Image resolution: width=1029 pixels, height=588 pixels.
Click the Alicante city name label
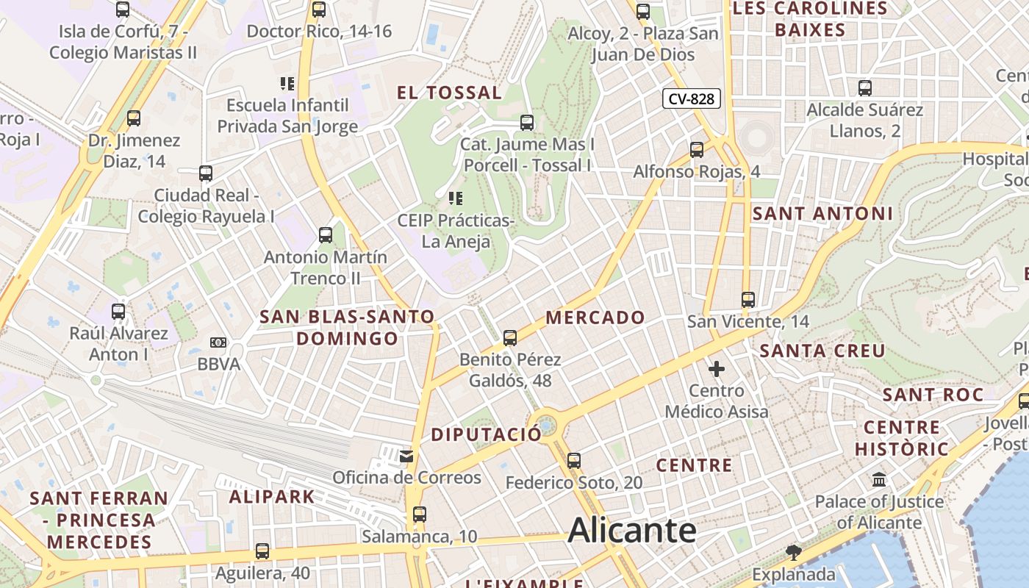pos(632,530)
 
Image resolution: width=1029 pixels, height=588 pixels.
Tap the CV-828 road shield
pos(691,98)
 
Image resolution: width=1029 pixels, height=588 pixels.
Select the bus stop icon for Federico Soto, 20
pos(574,461)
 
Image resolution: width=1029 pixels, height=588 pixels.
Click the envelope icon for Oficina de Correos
pos(406,456)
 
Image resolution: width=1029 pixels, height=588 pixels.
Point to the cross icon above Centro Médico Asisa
pos(717,368)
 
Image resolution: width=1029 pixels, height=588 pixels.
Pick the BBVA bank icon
pos(218,343)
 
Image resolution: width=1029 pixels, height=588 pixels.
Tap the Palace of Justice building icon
pos(878,480)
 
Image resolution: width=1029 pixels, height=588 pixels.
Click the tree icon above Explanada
pos(793,552)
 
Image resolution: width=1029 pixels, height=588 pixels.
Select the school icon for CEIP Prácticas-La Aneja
pos(456,198)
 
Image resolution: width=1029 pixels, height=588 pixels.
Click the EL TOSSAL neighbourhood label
pos(449,93)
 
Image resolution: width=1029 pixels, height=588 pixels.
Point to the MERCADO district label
pos(595,318)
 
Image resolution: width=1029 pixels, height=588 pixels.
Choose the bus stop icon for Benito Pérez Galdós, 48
pos(510,338)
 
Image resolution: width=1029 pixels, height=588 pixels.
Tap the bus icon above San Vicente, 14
pos(748,300)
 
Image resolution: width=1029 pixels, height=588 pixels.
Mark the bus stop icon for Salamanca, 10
pos(419,514)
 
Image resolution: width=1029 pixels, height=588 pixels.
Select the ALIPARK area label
pos(272,497)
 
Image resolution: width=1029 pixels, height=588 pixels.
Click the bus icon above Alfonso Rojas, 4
pos(697,150)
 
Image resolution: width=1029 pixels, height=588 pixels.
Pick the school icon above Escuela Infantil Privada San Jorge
pos(287,84)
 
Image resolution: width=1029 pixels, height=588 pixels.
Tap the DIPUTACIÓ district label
pos(486,434)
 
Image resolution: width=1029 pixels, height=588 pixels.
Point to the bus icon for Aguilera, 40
pos(262,551)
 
